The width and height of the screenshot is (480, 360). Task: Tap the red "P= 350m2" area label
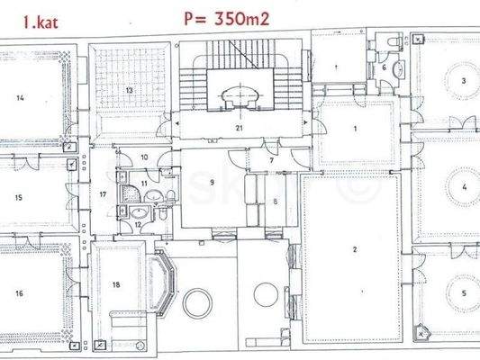pyautogui.click(x=228, y=16)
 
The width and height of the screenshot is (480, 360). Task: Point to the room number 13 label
pyautogui.click(x=130, y=90)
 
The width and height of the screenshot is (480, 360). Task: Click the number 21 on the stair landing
pyautogui.click(x=239, y=129)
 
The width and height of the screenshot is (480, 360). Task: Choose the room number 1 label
pyautogui.click(x=356, y=130)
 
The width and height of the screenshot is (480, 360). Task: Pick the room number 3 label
pyautogui.click(x=463, y=81)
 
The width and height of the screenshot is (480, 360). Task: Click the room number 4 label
pyautogui.click(x=463, y=188)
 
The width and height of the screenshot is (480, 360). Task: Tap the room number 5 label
pyautogui.click(x=463, y=292)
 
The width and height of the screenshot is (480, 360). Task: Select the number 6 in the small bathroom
pyautogui.click(x=384, y=67)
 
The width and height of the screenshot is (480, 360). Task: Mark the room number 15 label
pyautogui.click(x=19, y=195)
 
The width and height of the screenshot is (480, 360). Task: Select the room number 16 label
pyautogui.click(x=19, y=293)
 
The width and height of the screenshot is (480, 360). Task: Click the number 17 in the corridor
pyautogui.click(x=104, y=193)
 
